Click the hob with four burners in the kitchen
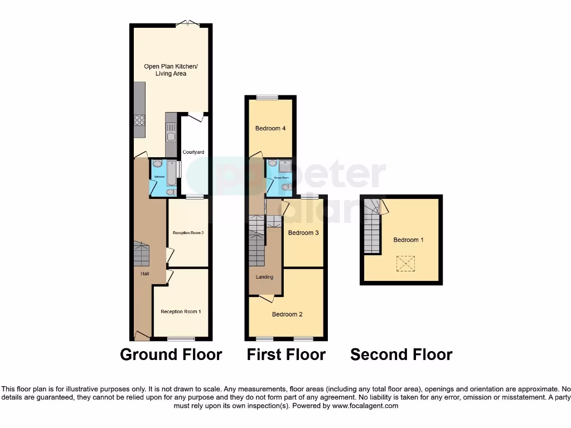pos(139,121)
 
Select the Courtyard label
pos(193,152)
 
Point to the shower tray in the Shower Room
pos(285,166)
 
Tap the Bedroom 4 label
pos(270,129)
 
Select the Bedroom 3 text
pos(303,233)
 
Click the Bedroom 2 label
pos(287,314)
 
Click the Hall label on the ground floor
pos(144,274)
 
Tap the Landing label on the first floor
pos(264,277)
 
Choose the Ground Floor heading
pos(171,354)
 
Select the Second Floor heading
pos(401,354)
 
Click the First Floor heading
pos(286,354)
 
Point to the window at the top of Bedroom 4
pos(267,98)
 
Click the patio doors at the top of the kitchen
pos(187,24)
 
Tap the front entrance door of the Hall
pos(142,335)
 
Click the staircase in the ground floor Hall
pos(141,255)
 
